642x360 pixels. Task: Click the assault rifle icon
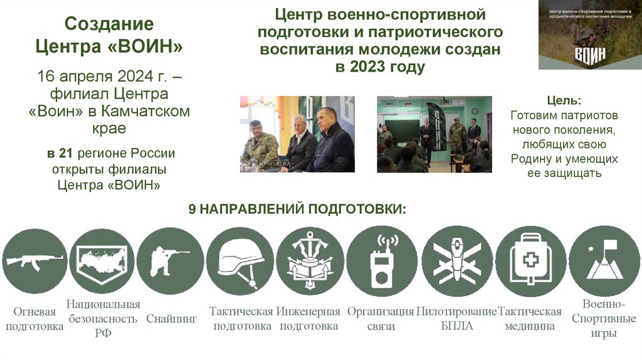(34, 261)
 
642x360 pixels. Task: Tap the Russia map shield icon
(102, 261)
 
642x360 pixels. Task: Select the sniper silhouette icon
(169, 261)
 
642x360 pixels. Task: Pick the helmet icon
(240, 261)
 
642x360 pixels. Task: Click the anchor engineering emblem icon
(310, 261)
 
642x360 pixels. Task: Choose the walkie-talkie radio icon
(382, 261)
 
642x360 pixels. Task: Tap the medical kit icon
(530, 261)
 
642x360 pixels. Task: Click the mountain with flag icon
(604, 261)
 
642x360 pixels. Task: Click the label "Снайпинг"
(172, 319)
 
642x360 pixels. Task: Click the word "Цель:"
(564, 101)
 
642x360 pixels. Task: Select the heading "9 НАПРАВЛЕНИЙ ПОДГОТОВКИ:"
(297, 209)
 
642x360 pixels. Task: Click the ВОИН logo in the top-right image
(590, 55)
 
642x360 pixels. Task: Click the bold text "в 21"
(58, 154)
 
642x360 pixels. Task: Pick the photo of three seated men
(297, 134)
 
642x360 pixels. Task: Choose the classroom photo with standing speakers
(434, 134)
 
